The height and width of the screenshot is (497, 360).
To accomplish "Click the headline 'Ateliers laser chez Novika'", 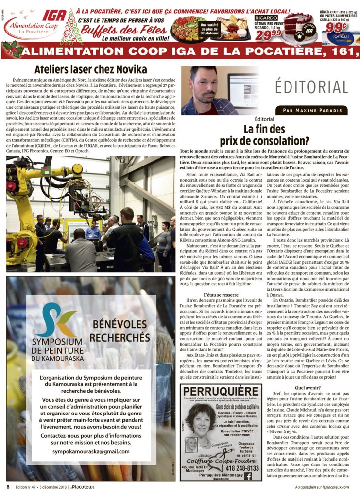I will (90, 69).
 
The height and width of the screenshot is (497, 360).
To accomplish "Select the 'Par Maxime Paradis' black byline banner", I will (311, 110).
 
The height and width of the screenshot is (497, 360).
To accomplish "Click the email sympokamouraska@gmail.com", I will (91, 451).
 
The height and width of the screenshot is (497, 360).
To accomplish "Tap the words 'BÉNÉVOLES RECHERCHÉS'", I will (120, 331).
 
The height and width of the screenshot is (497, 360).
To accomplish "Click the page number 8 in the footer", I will (8, 487).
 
